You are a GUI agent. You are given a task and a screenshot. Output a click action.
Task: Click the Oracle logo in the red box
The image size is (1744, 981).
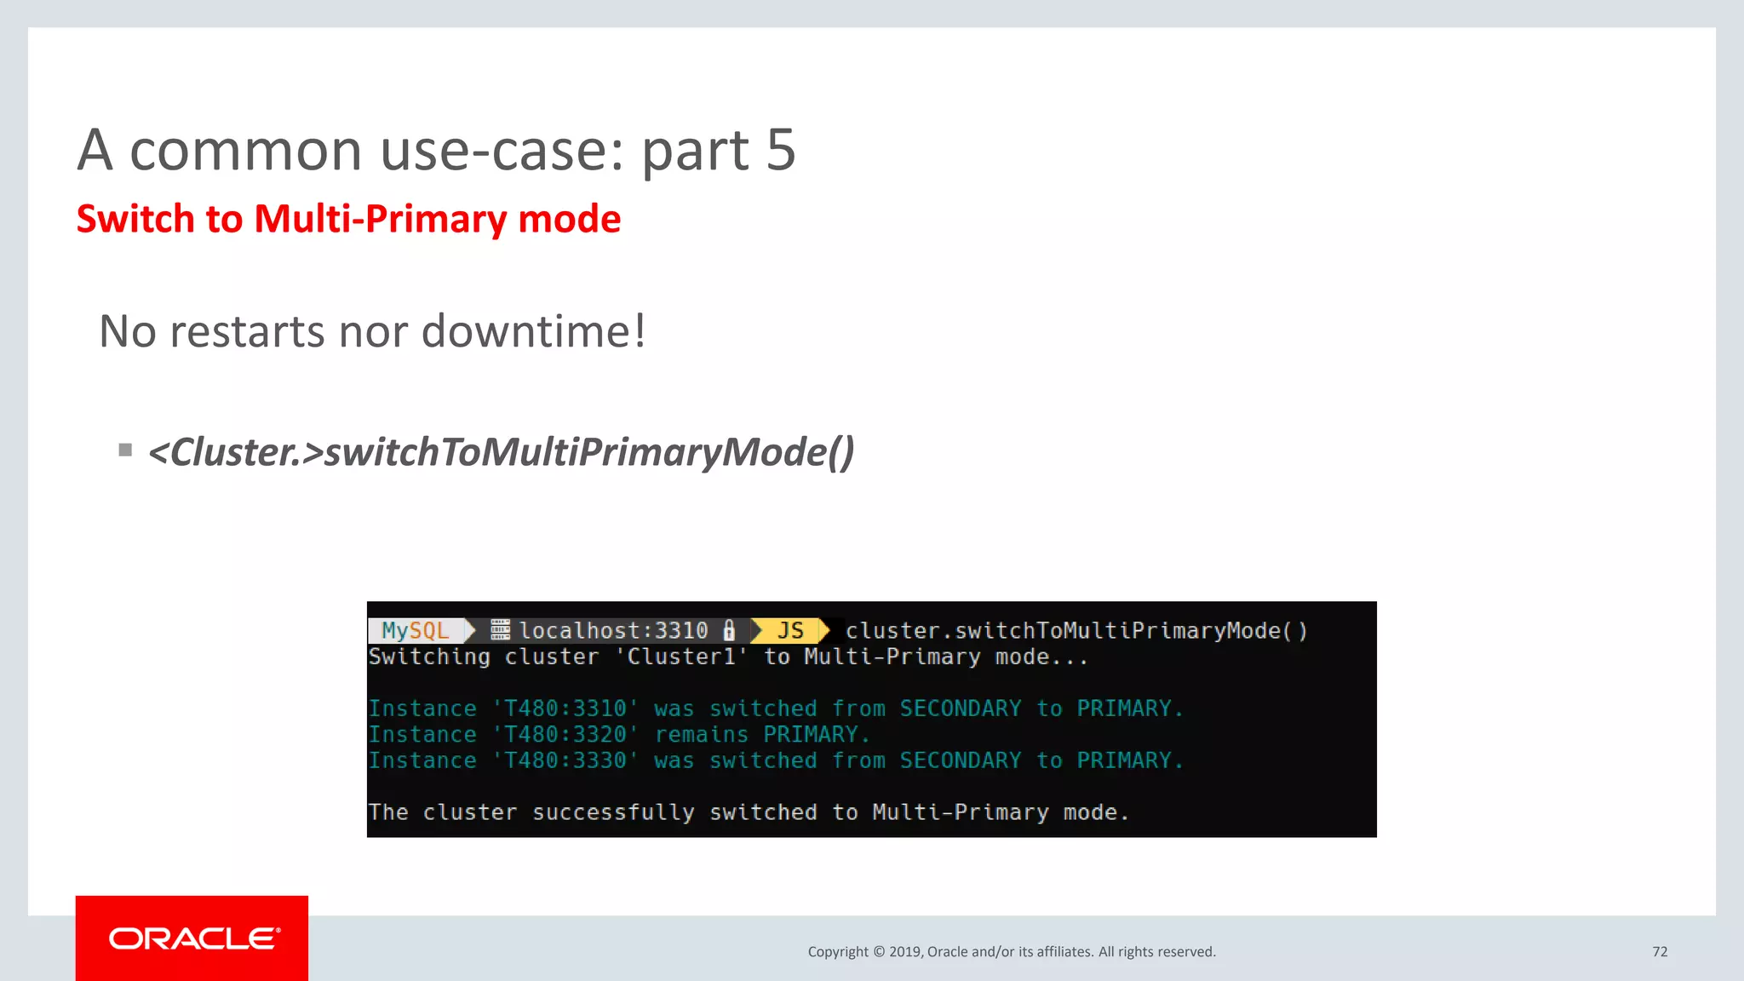193,938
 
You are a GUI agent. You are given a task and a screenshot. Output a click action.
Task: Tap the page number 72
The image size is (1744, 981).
1660,952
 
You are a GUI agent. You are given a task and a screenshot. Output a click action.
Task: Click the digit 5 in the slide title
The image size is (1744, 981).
780,151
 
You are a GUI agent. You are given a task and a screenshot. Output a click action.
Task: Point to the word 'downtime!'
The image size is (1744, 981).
534,331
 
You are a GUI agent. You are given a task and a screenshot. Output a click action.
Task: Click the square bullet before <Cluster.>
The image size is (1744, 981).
125,450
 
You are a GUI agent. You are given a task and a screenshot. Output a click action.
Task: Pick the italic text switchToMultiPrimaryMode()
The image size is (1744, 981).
588,452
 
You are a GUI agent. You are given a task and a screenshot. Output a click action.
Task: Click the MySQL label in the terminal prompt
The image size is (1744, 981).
416,630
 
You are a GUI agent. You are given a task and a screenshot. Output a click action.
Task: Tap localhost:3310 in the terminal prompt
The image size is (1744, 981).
613,630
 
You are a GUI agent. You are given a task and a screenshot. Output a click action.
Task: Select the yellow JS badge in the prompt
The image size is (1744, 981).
789,630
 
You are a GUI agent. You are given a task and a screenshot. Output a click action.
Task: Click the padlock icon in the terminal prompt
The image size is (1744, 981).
729,630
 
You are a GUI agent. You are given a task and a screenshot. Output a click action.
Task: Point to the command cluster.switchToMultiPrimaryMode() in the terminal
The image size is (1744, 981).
1076,630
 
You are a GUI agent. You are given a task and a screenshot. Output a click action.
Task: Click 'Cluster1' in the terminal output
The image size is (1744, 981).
681,657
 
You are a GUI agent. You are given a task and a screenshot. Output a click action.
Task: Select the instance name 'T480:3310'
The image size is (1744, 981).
565,708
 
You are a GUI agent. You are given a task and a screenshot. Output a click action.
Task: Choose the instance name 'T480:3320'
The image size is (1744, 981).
565,734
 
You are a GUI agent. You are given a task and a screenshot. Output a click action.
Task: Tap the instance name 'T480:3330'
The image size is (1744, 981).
565,760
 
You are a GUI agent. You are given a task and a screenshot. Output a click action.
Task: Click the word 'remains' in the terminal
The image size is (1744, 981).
701,734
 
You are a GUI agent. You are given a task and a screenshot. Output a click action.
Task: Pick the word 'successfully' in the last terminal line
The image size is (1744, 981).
613,812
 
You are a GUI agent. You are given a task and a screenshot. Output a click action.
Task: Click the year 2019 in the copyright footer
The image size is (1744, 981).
904,952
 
